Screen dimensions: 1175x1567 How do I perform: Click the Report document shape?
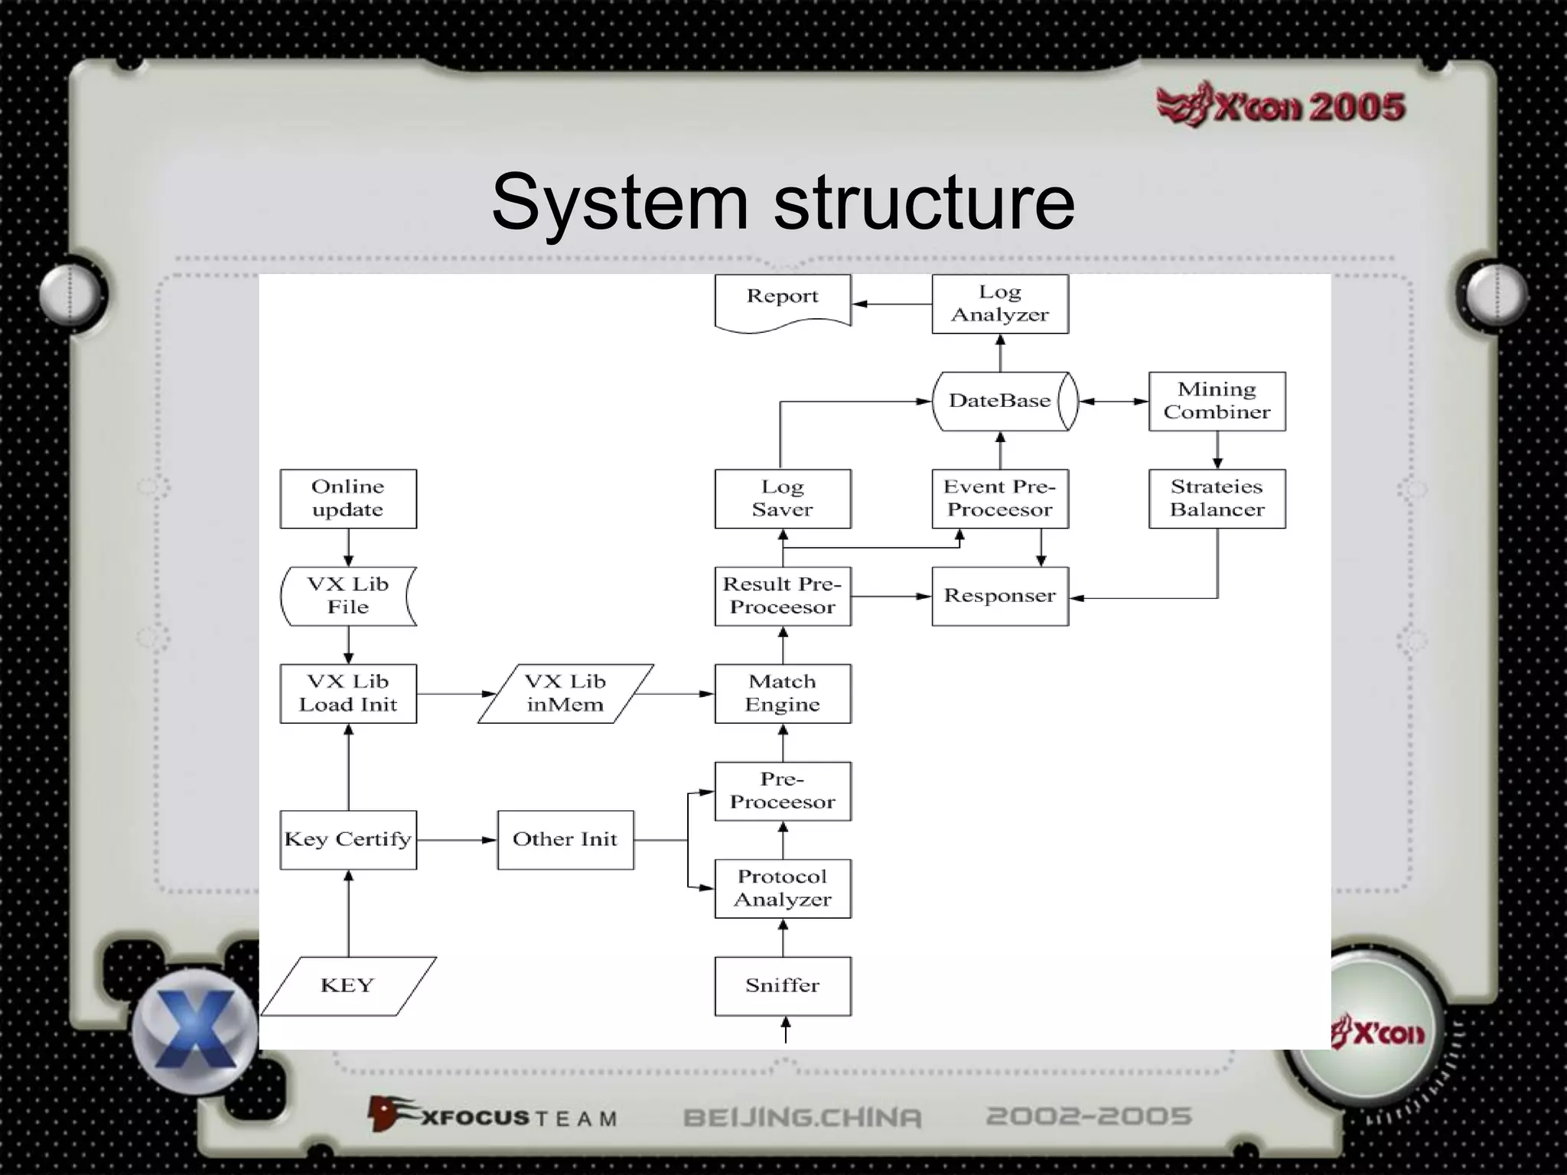(782, 301)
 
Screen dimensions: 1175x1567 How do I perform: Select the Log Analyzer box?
(999, 304)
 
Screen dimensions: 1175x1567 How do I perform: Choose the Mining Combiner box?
(1217, 401)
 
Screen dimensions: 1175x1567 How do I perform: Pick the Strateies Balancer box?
(1217, 499)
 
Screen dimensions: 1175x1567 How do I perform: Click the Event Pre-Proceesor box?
(999, 499)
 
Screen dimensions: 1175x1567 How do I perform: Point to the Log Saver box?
(782, 499)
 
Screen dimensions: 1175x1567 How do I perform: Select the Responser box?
(999, 596)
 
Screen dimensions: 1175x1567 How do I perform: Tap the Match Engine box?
(782, 693)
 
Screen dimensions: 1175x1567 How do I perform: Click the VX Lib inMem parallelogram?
(565, 693)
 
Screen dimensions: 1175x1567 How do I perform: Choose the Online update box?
(348, 499)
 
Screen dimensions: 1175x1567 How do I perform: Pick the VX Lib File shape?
(348, 596)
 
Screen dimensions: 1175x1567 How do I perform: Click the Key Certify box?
(348, 839)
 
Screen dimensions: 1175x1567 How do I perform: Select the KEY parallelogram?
(348, 985)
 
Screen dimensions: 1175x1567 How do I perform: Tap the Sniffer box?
(782, 985)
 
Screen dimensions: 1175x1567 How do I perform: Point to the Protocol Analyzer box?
(782, 888)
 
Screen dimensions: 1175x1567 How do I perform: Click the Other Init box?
(565, 839)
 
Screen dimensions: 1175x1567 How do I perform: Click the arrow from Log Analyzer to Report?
(891, 304)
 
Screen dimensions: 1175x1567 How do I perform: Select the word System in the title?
(619, 202)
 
